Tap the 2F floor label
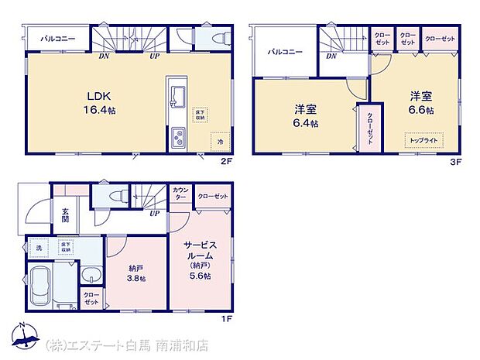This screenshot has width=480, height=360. point(225,161)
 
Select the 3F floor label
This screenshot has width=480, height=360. point(456,161)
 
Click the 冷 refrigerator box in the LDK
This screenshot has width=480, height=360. point(219,142)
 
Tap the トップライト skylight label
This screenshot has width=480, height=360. point(422,141)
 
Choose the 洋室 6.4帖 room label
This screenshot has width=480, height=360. point(305,116)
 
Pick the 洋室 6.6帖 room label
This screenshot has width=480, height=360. point(421,103)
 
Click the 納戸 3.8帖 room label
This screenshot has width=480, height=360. point(137,273)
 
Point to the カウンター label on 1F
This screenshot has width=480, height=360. point(181,194)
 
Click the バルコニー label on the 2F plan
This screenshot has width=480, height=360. point(55,37)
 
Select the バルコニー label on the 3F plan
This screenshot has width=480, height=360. point(285,52)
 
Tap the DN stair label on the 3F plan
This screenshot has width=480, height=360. point(331,56)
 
